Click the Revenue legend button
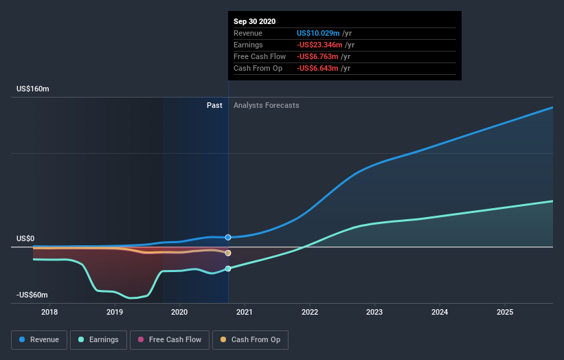coord(39,339)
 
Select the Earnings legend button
coord(99,339)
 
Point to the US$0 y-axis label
coord(25,238)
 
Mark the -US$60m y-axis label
coord(32,295)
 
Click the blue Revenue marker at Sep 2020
coord(228,237)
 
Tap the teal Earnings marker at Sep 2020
coord(228,269)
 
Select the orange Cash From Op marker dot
coord(228,253)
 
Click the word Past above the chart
coord(214,105)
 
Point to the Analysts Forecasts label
coord(267,105)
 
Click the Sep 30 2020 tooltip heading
coord(254,21)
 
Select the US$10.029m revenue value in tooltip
coord(324,33)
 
